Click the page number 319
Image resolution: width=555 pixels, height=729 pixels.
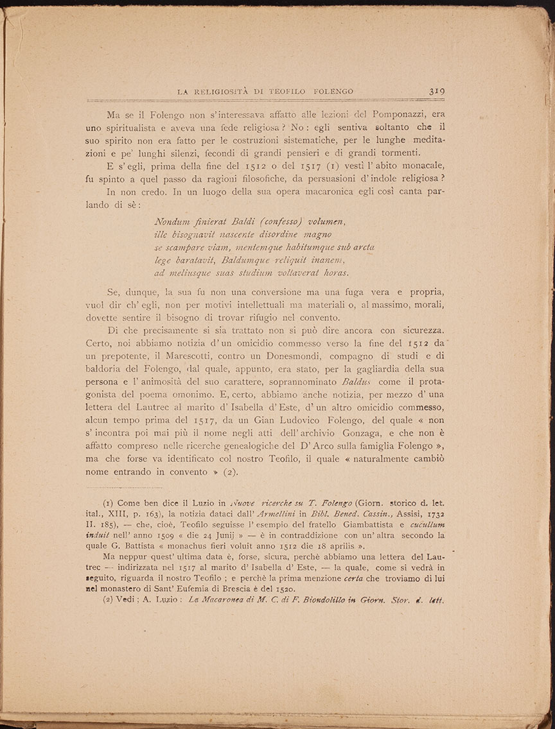tap(437, 91)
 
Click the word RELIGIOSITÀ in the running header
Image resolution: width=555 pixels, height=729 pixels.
tap(224, 92)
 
